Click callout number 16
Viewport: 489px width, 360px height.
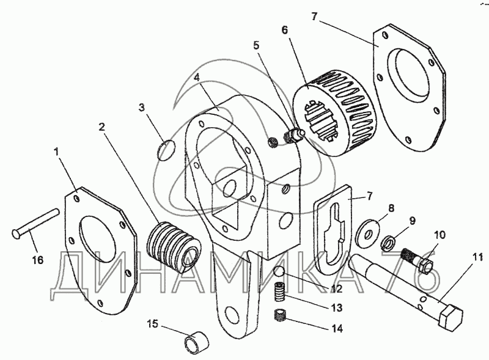[x=37, y=260]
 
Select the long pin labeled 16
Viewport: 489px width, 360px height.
[x=35, y=222]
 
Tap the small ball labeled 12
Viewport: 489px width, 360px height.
[x=281, y=272]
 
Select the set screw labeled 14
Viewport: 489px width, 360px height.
[x=281, y=317]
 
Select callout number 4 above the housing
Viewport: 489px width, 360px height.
[x=197, y=78]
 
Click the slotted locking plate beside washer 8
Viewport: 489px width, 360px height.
[x=334, y=235]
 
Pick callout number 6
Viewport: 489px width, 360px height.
[x=285, y=29]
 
